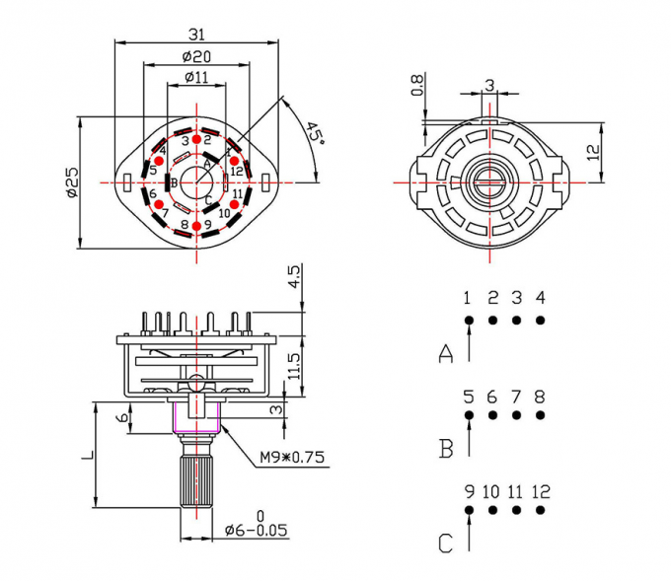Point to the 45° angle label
pos(314,135)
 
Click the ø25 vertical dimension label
pos(72,182)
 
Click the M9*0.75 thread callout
pos(292,457)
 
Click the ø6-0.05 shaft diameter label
pos(256,530)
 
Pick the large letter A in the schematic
pos(446,353)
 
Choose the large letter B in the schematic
pos(446,449)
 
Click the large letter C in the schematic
pos(446,543)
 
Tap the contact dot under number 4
pos(541,320)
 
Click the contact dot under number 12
pos(541,510)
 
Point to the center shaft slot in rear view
pos(490,182)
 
